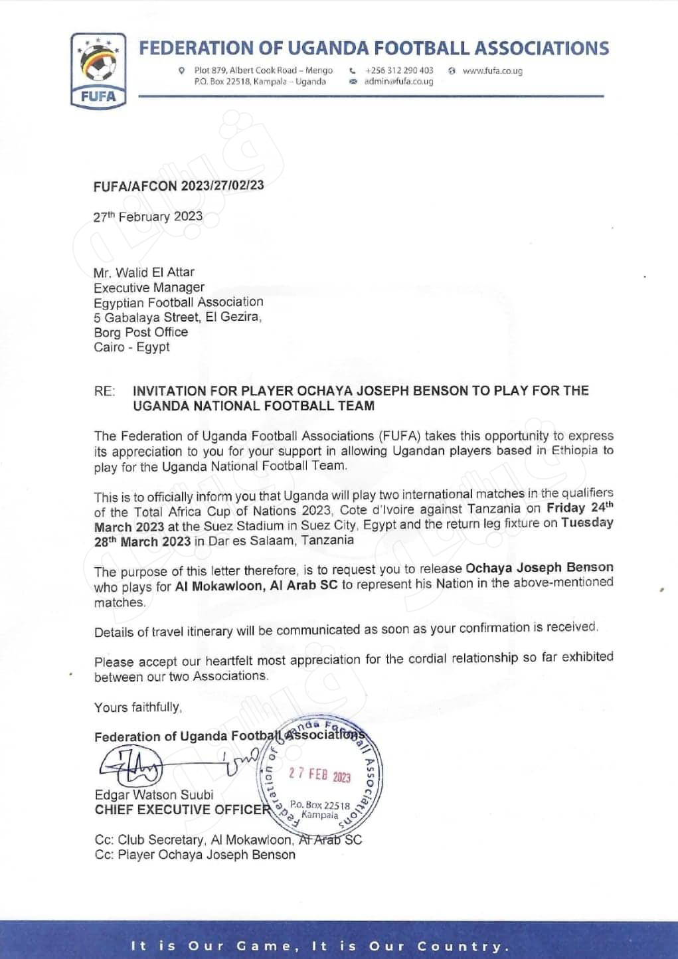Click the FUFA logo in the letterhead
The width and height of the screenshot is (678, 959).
[x=97, y=69]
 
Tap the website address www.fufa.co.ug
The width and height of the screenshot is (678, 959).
[x=492, y=71]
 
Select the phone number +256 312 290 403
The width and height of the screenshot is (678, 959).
[x=399, y=70]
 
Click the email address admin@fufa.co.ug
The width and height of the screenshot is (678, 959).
[x=398, y=82]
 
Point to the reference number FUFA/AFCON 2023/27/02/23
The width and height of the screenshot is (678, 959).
[x=179, y=186]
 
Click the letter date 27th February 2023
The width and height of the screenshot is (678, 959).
[x=148, y=217]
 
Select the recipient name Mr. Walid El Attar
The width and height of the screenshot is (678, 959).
[x=144, y=272]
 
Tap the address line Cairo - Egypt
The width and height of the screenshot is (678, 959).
[x=131, y=347]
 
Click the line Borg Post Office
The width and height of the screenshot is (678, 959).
[x=141, y=332]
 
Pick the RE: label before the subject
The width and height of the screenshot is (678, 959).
[x=104, y=391]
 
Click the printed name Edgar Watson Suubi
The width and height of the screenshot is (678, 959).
[x=154, y=795]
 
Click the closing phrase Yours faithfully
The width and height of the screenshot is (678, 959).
[x=137, y=707]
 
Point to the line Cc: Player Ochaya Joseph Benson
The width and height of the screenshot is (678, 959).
[x=195, y=855]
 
